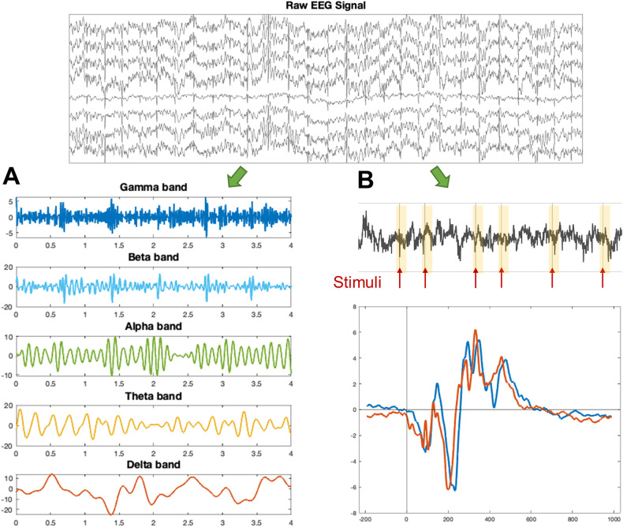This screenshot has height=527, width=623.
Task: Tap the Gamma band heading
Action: click(153, 188)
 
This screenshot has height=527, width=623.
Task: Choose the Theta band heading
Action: click(153, 396)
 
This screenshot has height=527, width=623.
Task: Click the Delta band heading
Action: click(153, 465)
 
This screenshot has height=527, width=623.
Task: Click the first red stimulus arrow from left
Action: click(400, 278)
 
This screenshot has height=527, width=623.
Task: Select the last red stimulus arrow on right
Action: click(604, 278)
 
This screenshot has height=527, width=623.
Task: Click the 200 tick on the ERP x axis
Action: click(448, 521)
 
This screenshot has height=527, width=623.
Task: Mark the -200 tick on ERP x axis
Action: click(366, 521)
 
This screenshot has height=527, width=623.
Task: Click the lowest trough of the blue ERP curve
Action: click(455, 490)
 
